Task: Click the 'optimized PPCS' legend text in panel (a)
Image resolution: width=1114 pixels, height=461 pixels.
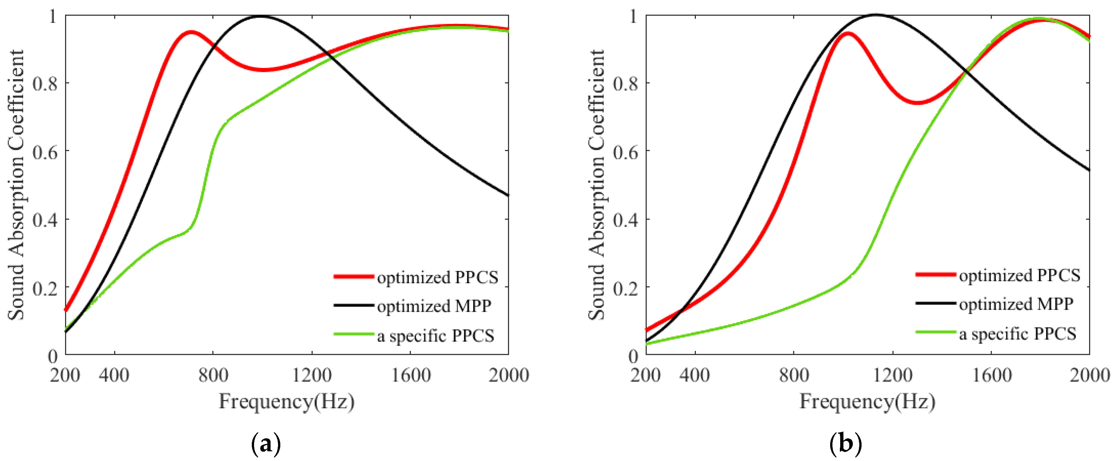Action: point(437,277)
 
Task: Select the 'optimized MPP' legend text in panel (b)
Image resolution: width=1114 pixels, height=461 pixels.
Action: point(1016,304)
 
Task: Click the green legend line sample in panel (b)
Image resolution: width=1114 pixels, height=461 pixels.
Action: point(935,332)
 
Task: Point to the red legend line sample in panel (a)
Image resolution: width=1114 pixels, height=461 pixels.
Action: point(353,276)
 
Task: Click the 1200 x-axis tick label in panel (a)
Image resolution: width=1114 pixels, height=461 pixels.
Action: point(311,375)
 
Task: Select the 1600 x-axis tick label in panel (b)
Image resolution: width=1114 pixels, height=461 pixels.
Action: point(992,375)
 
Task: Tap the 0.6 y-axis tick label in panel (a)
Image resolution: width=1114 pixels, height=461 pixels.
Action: point(45,152)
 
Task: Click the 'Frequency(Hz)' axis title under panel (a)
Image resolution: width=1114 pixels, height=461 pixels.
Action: point(286,401)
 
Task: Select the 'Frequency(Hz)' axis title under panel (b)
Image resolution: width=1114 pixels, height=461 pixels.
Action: point(867,401)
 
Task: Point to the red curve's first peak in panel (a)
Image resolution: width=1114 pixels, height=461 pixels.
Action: point(191,32)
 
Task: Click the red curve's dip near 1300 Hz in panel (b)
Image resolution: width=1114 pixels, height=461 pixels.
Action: point(917,103)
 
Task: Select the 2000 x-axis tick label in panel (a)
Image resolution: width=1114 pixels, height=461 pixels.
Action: point(508,375)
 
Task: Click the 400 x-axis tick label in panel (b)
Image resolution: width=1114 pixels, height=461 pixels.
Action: point(694,375)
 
